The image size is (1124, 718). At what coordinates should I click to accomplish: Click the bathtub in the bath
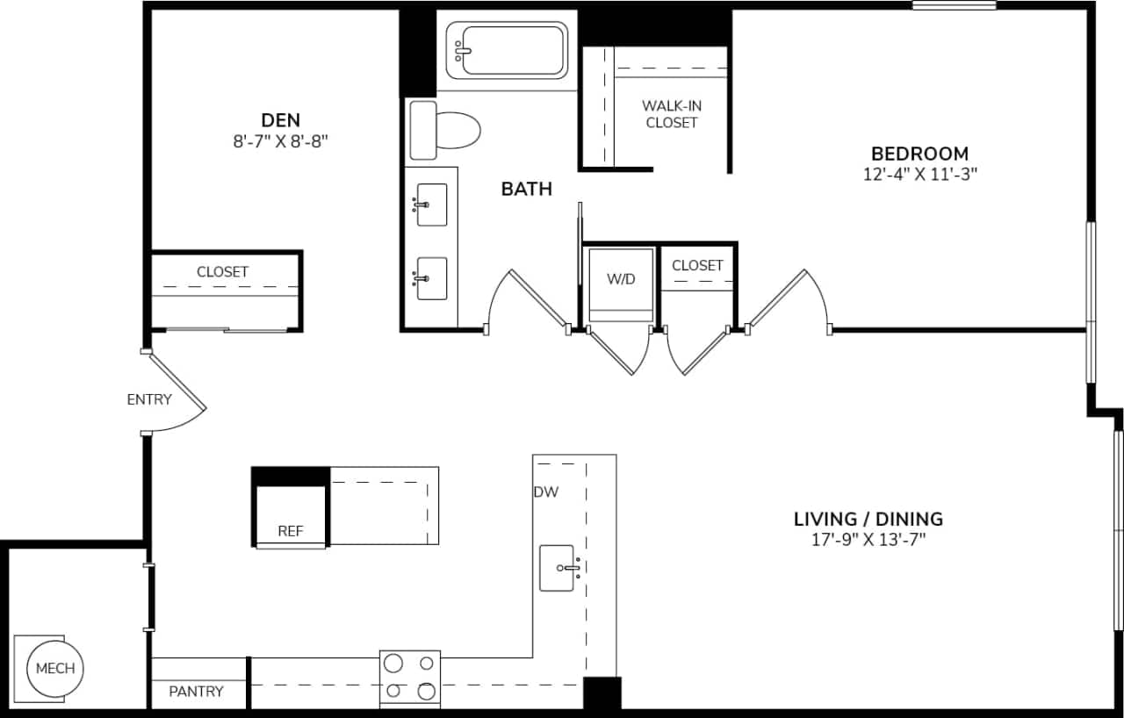(508, 51)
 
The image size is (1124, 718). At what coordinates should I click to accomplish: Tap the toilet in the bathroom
(446, 131)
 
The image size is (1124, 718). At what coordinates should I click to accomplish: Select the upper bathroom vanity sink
(431, 205)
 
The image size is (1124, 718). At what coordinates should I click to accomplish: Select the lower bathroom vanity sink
(431, 278)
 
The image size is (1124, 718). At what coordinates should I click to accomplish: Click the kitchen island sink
(558, 568)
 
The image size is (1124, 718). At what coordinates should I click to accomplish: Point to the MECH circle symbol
(55, 668)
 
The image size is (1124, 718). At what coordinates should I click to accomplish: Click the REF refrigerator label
(291, 530)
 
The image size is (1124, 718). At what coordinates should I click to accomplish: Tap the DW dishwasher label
(545, 492)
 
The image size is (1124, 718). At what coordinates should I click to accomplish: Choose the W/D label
(621, 279)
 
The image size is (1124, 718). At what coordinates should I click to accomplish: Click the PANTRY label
(196, 691)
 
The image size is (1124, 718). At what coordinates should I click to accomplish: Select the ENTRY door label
(149, 399)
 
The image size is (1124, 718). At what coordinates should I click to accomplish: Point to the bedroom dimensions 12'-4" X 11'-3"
(919, 174)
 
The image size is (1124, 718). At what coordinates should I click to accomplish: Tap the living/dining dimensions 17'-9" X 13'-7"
(868, 540)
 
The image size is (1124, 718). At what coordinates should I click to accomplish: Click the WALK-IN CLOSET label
(672, 114)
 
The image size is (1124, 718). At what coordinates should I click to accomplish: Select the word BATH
(526, 188)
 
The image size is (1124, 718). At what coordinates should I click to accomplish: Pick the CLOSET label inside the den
(222, 271)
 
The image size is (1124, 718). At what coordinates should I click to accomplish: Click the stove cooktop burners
(410, 678)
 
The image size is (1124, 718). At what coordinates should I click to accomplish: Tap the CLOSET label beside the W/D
(697, 265)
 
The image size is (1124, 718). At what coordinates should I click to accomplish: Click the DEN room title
(280, 119)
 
